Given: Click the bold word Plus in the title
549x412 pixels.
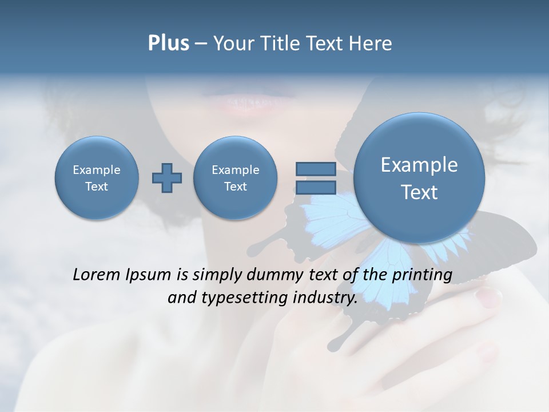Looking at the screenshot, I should point(168,43).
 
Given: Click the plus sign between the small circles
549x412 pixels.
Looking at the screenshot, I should point(167,178).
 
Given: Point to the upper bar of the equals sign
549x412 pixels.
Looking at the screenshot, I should point(316,169).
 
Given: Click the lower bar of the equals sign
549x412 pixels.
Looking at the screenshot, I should point(316,188).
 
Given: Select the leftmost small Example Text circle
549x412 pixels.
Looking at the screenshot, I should point(97,178).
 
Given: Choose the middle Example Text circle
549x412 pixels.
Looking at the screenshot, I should point(235,178).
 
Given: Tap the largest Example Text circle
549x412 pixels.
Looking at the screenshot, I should point(419,177).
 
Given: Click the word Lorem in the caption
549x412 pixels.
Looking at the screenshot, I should point(97,275).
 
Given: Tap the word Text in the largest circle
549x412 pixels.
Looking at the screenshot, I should point(419,192).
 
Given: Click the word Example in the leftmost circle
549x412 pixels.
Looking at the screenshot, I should point(97,170).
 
